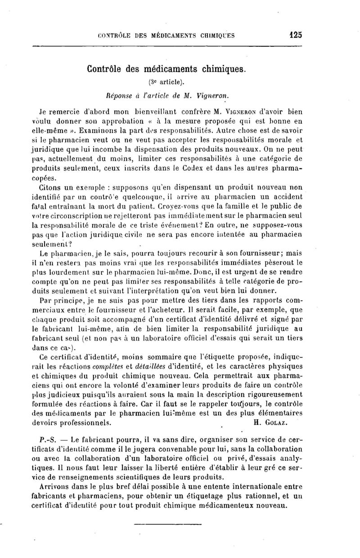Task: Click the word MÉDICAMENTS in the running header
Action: (168, 36)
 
